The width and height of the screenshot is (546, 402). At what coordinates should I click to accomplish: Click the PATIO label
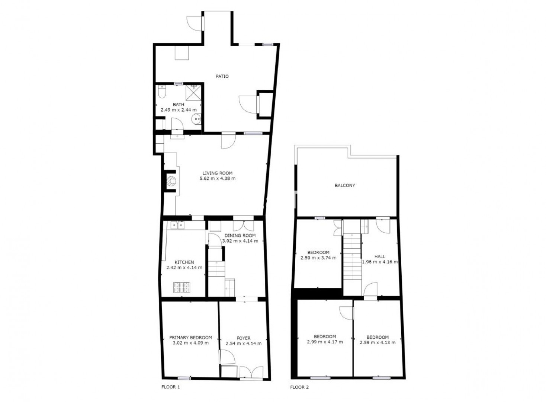(222, 76)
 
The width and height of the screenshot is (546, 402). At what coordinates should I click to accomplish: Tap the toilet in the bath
(162, 92)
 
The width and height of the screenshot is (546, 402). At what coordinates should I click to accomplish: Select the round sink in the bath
(196, 119)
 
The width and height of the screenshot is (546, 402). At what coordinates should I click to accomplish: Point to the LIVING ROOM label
(218, 173)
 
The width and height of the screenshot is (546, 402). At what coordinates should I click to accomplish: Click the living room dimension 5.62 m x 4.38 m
(218, 178)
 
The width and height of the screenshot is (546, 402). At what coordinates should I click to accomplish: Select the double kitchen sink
(177, 225)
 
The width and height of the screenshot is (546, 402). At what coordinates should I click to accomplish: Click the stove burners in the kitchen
(182, 287)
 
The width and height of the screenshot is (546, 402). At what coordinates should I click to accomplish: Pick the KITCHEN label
(184, 262)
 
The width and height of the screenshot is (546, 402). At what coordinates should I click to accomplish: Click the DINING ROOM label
(240, 235)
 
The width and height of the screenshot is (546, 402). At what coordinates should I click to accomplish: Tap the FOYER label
(244, 338)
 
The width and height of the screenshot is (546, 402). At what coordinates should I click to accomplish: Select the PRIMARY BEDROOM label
(190, 338)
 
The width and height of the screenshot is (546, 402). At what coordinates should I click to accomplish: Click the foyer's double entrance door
(251, 373)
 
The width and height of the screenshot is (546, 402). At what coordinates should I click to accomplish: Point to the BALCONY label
(345, 185)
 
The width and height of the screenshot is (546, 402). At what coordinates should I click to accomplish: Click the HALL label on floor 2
(380, 256)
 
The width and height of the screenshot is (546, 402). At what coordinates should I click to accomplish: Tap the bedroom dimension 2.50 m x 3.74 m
(318, 258)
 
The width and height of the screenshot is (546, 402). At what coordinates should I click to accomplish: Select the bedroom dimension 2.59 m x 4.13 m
(378, 342)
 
